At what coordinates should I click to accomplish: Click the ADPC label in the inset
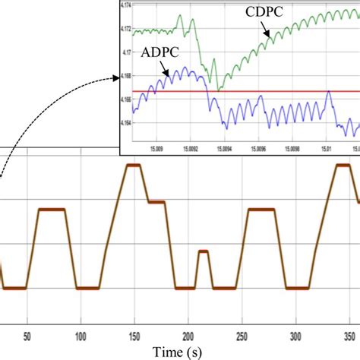[156, 54]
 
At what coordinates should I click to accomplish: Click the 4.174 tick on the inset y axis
[125, 5]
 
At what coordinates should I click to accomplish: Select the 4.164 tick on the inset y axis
[125, 122]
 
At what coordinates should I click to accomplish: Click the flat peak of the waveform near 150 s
[134, 165]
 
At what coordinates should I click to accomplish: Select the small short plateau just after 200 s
[202, 251]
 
